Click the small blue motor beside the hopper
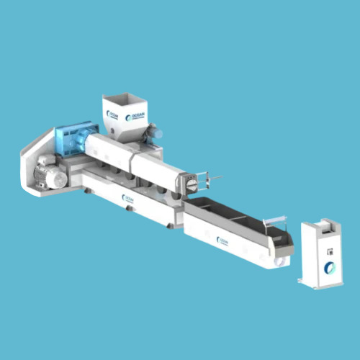(153, 133)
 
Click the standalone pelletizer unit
(321, 253)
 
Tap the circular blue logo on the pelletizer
(329, 268)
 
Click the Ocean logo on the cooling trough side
(223, 242)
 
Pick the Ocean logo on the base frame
(128, 199)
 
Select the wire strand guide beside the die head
(210, 177)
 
